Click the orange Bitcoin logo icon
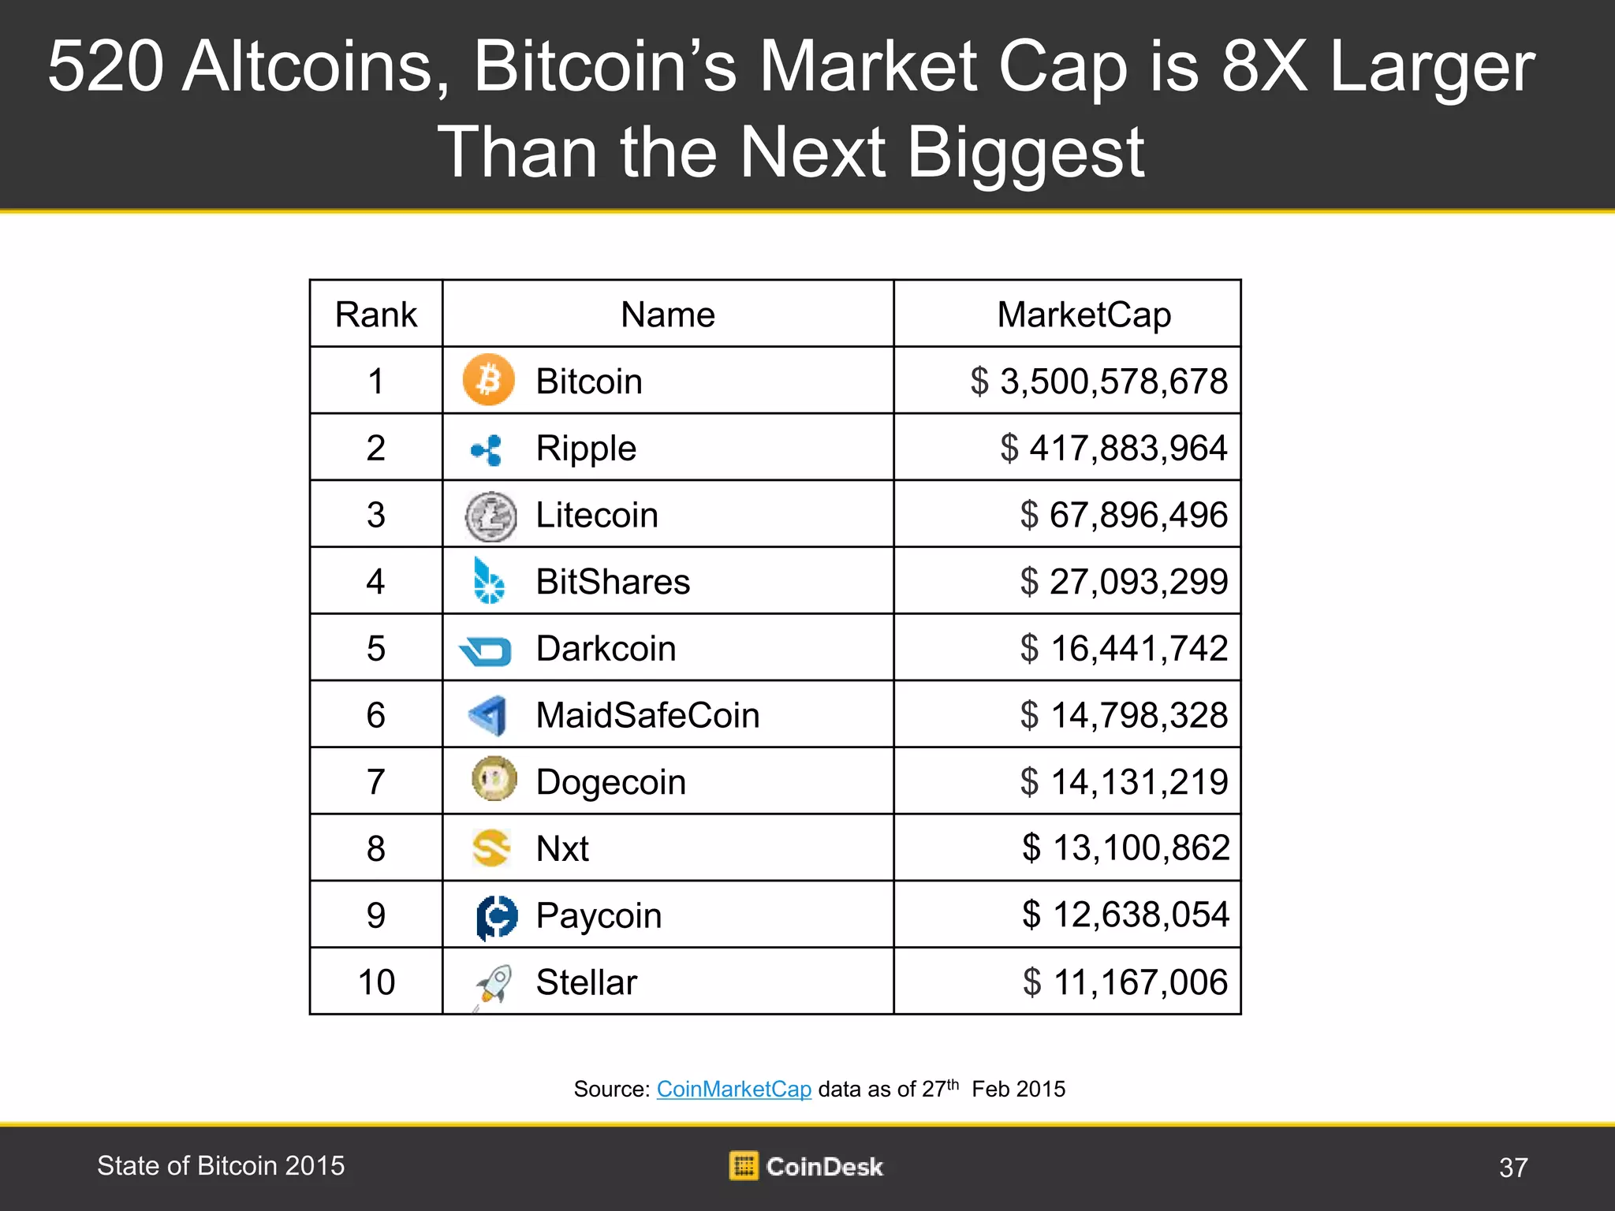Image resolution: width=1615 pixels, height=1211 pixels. click(x=488, y=380)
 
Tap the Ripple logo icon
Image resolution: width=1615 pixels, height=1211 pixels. click(x=487, y=449)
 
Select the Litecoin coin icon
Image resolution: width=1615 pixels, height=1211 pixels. click(x=490, y=516)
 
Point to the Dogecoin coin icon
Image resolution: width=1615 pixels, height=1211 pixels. click(x=494, y=779)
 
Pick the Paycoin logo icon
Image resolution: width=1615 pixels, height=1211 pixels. click(x=497, y=917)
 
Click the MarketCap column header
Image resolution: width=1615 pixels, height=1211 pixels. click(x=1084, y=315)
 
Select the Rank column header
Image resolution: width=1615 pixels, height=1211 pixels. click(x=375, y=315)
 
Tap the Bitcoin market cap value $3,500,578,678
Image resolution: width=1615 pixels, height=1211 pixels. click(x=1098, y=382)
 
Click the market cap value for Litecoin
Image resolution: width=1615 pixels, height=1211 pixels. click(x=1124, y=516)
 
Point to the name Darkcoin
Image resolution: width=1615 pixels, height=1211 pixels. click(x=606, y=649)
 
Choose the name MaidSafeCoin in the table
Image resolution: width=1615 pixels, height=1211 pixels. click(x=647, y=716)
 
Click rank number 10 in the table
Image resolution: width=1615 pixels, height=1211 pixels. click(x=376, y=982)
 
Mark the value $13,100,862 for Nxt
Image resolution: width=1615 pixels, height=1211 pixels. click(x=1125, y=848)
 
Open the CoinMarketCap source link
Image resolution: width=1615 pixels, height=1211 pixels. click(x=733, y=1089)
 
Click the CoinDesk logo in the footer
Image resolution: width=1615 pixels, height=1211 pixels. click(x=806, y=1166)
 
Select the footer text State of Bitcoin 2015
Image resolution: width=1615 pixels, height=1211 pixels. click(x=221, y=1165)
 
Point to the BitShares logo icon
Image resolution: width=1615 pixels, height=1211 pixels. click(x=488, y=582)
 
